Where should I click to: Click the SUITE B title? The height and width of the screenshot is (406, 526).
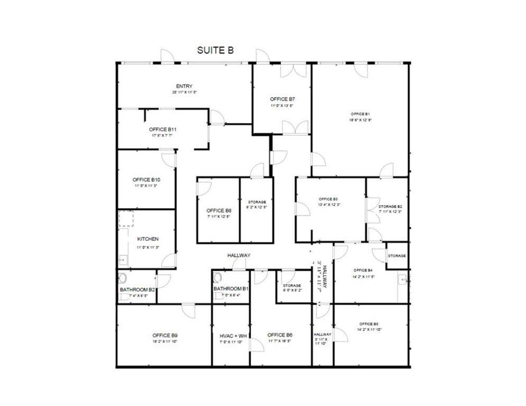pyautogui.click(x=215, y=51)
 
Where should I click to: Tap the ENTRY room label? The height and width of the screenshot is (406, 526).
pyautogui.click(x=184, y=86)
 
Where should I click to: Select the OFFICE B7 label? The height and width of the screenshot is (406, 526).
pyautogui.click(x=282, y=99)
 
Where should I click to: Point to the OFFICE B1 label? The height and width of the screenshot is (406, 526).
pyautogui.click(x=360, y=114)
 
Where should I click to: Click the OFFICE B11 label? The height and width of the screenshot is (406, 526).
pyautogui.click(x=162, y=129)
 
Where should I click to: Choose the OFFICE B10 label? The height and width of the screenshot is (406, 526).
pyautogui.click(x=146, y=180)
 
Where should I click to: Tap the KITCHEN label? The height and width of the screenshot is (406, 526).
pyautogui.click(x=147, y=239)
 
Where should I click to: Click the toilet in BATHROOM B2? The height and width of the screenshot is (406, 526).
pyautogui.click(x=123, y=279)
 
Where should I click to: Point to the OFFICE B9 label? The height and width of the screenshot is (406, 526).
pyautogui.click(x=165, y=335)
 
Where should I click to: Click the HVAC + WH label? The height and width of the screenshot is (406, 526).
pyautogui.click(x=233, y=335)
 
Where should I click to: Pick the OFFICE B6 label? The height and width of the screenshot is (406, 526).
pyautogui.click(x=280, y=335)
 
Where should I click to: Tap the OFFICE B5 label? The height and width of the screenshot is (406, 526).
pyautogui.click(x=368, y=324)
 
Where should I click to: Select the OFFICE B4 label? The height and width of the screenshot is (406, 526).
pyautogui.click(x=363, y=270)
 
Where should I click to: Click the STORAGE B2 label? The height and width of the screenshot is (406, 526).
pyautogui.click(x=390, y=206)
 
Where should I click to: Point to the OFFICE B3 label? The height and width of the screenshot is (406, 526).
pyautogui.click(x=328, y=199)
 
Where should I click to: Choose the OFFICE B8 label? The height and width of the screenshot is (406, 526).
pyautogui.click(x=219, y=210)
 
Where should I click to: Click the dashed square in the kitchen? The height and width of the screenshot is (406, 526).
pyautogui.click(x=126, y=219)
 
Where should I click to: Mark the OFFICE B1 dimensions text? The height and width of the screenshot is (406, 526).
pyautogui.click(x=360, y=119)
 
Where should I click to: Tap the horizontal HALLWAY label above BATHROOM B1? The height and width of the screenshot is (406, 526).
pyautogui.click(x=239, y=255)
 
